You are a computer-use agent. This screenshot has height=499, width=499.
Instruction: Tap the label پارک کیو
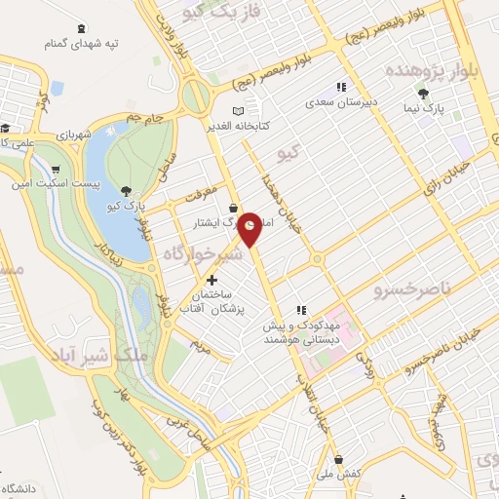(x=128, y=208)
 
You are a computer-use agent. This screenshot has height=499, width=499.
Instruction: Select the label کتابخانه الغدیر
(x=210, y=127)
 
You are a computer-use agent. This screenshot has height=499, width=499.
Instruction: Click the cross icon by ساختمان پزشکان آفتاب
(x=211, y=281)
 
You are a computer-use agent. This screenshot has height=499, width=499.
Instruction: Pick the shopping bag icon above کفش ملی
(x=337, y=459)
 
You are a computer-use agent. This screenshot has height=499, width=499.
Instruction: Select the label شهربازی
(x=72, y=134)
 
